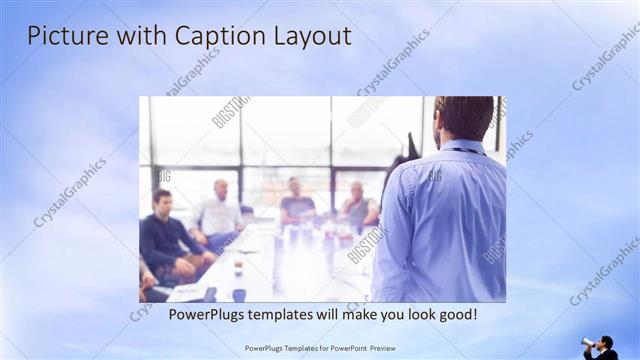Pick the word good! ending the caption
(x=455, y=314)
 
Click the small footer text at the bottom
(x=319, y=348)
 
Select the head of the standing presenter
(x=463, y=116)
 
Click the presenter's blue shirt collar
(x=461, y=147)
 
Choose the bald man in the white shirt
(x=219, y=211)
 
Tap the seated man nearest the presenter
(x=358, y=204)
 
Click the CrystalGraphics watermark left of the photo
(x=70, y=191)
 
